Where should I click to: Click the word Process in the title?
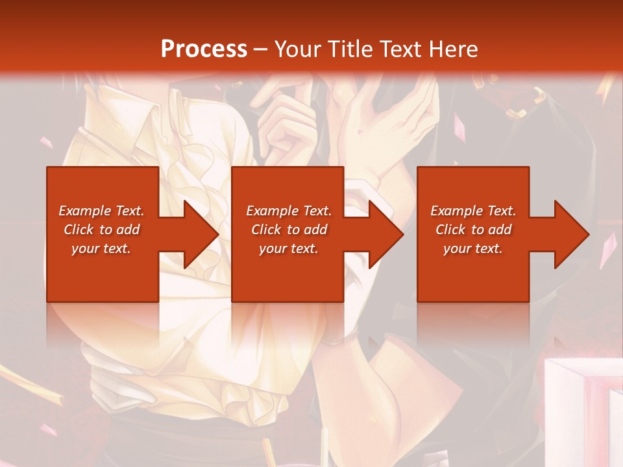click(x=204, y=49)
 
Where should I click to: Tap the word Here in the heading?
click(x=452, y=49)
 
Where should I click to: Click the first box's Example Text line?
click(x=101, y=211)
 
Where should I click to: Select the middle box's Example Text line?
click(x=288, y=211)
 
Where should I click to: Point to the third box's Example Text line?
click(x=473, y=211)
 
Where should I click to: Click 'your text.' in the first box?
click(x=101, y=248)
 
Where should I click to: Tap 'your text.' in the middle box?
click(x=288, y=248)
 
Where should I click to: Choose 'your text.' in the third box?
click(x=473, y=248)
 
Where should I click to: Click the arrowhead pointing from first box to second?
click(x=199, y=234)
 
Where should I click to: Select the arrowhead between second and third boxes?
click(x=384, y=234)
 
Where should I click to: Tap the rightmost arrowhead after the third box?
click(x=570, y=234)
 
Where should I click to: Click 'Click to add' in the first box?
click(x=101, y=230)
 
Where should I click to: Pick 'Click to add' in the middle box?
click(x=288, y=230)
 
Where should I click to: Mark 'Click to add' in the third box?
click(x=473, y=230)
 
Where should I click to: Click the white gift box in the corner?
click(x=581, y=409)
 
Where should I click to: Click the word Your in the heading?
click(x=299, y=49)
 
